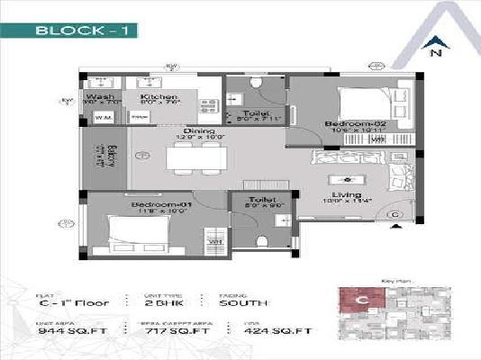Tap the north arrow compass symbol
(435, 42)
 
